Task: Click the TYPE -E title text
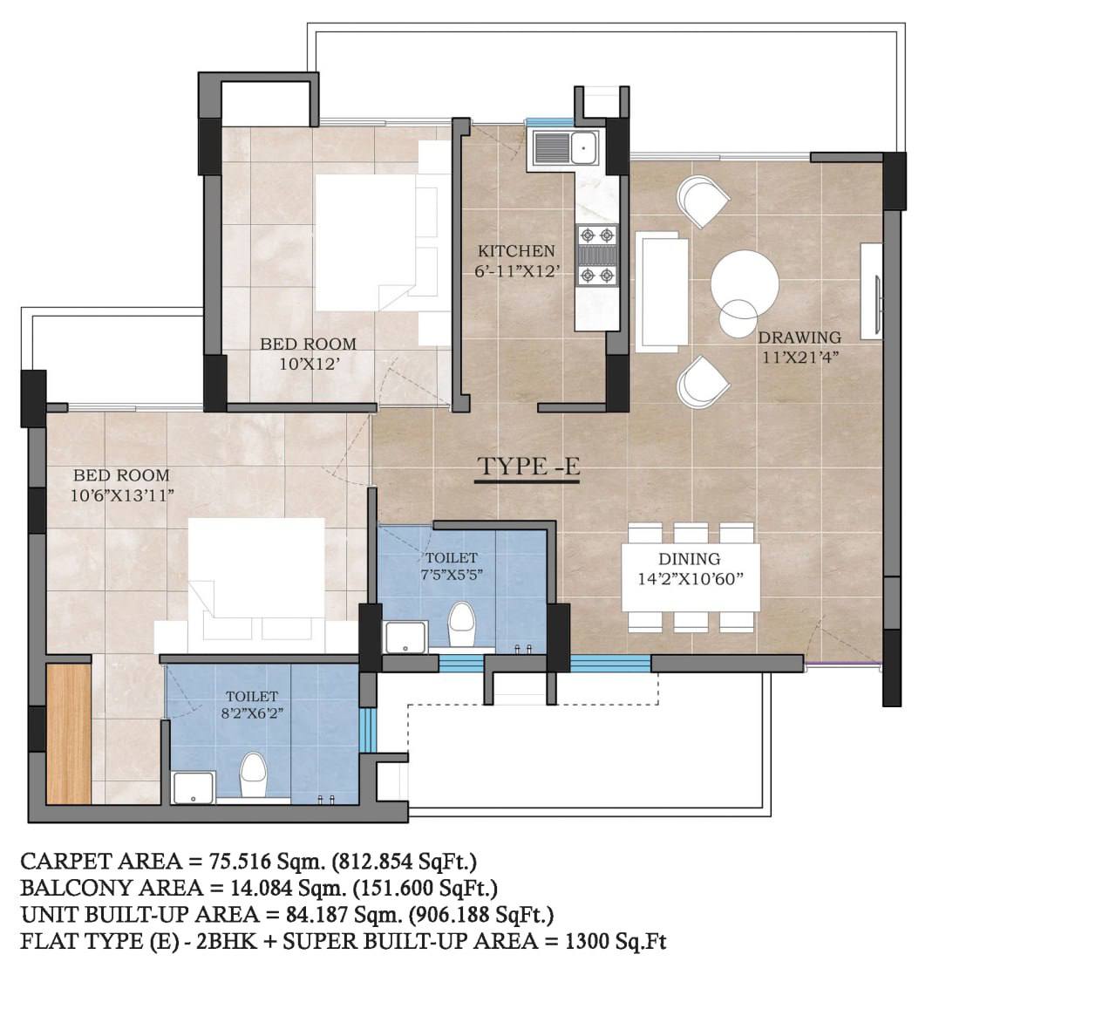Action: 528,467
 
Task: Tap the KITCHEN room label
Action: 516,251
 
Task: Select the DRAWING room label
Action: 800,337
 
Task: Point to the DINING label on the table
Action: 690,559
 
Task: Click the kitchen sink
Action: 566,148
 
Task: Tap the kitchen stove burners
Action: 597,256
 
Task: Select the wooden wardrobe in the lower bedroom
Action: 68,733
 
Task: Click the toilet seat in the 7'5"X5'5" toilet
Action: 460,625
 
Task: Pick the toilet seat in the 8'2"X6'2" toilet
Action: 253,775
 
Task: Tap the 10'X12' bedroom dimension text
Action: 310,365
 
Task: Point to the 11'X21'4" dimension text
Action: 800,357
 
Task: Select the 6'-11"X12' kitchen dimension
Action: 516,271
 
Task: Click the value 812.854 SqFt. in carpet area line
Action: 405,862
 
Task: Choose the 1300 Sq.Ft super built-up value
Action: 616,942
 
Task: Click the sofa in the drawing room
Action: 662,292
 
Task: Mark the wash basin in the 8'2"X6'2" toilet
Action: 193,787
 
